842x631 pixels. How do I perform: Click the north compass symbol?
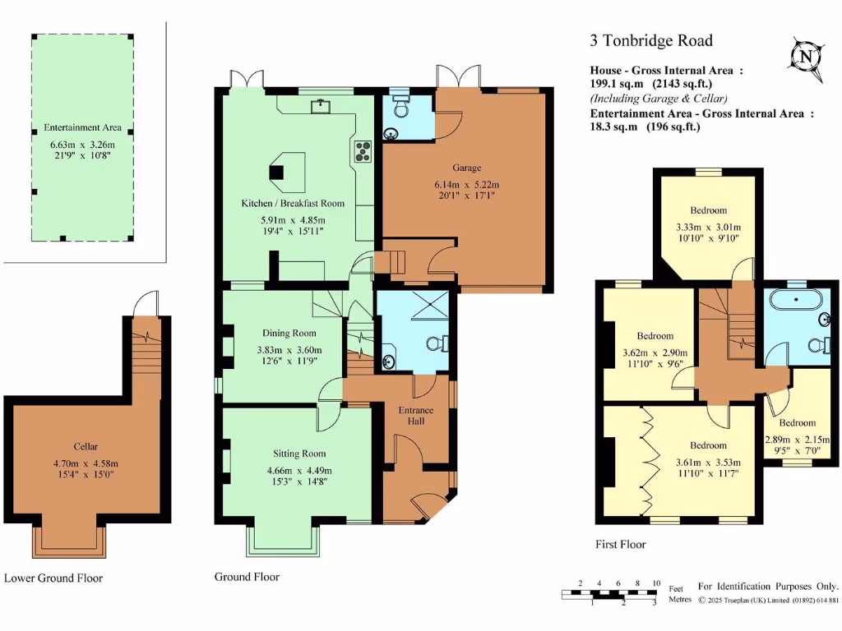(806, 57)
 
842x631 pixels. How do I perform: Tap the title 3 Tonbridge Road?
(651, 41)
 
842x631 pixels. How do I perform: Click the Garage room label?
(467, 168)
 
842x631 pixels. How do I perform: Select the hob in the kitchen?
(363, 151)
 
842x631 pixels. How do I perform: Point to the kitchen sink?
(320, 106)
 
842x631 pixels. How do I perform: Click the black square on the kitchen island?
(276, 173)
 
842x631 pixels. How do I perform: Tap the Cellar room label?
(86, 446)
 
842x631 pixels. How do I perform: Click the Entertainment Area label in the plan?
(83, 127)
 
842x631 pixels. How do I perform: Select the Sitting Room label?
(299, 454)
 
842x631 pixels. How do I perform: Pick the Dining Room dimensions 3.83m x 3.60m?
(289, 350)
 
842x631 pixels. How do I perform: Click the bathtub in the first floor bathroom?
(795, 299)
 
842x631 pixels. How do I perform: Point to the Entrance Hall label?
(415, 416)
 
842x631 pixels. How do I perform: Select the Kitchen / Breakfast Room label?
(293, 204)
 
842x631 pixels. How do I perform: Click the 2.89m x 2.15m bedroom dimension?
(797, 440)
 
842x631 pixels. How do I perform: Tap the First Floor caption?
(620, 544)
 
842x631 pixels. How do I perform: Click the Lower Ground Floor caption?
(53, 578)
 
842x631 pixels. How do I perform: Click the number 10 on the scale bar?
(656, 583)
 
